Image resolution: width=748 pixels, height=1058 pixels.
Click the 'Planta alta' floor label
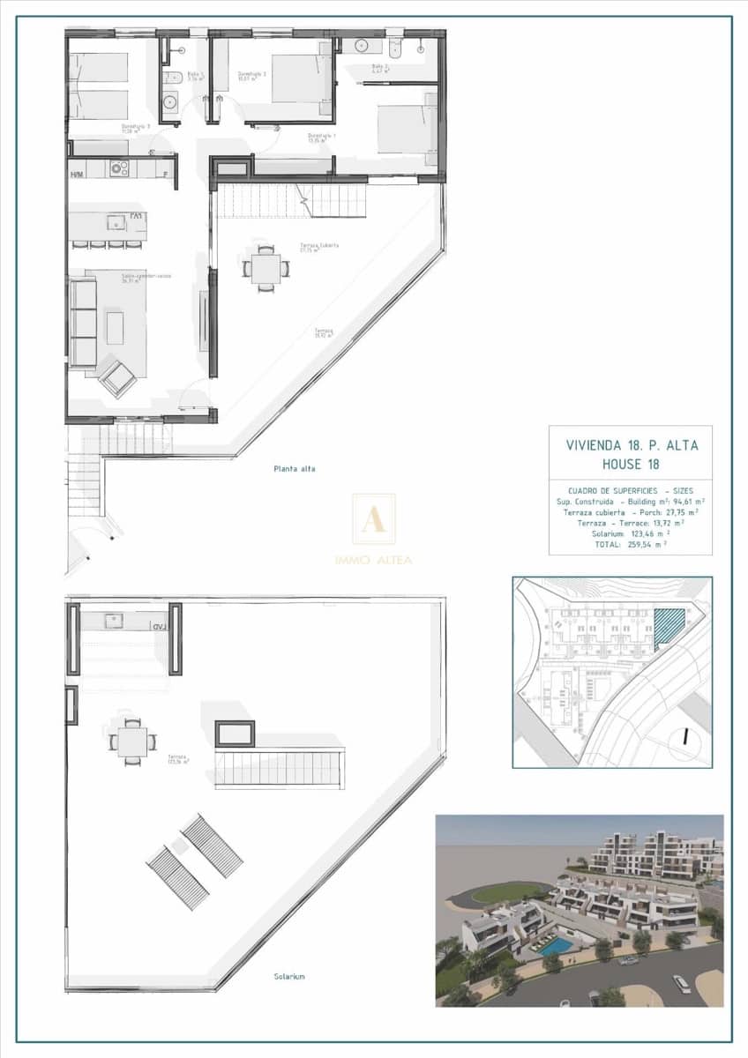tap(294, 469)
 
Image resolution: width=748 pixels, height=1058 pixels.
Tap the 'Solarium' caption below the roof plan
tap(288, 976)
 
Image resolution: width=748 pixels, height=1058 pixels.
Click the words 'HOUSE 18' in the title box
tap(631, 464)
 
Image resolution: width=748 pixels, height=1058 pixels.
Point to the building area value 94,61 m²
tap(682, 501)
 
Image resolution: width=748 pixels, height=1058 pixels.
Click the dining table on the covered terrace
tap(266, 267)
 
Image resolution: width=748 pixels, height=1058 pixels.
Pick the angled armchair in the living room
tap(117, 377)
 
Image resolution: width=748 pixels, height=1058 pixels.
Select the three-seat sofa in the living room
tap(83, 322)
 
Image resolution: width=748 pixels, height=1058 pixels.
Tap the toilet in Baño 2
tap(394, 46)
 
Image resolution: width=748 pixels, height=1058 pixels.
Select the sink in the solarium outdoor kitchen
tap(114, 621)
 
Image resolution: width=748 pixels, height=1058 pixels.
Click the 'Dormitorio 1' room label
tap(321, 137)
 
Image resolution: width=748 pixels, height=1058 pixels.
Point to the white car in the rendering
tap(681, 984)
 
